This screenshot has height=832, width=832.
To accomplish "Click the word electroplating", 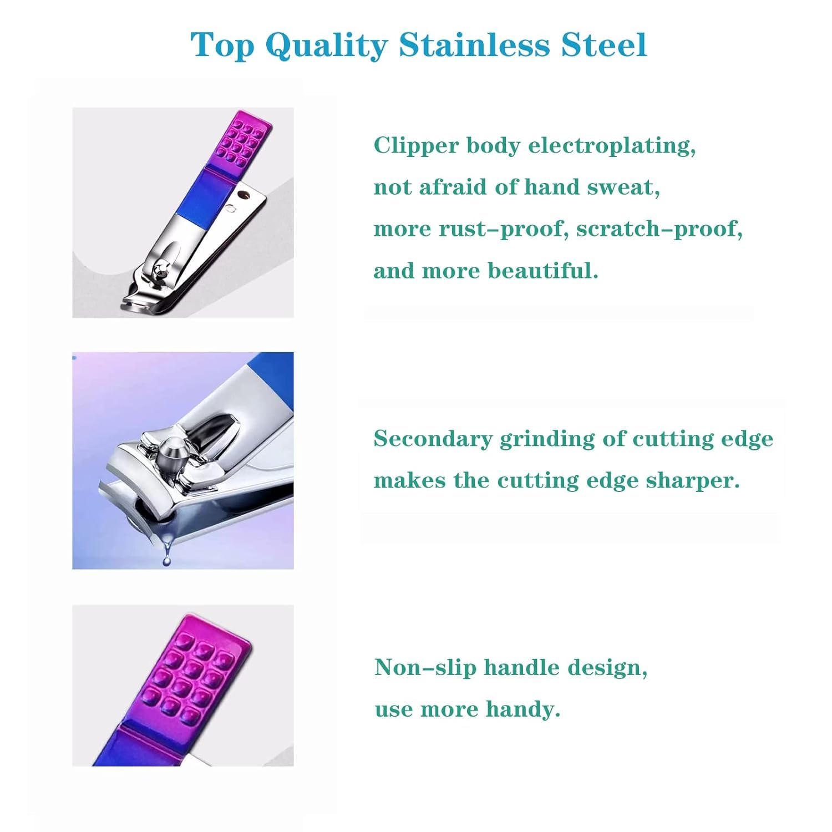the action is tap(612, 146).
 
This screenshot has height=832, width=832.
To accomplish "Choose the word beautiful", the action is tap(543, 271).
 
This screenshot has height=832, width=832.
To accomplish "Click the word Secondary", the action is tap(433, 439).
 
